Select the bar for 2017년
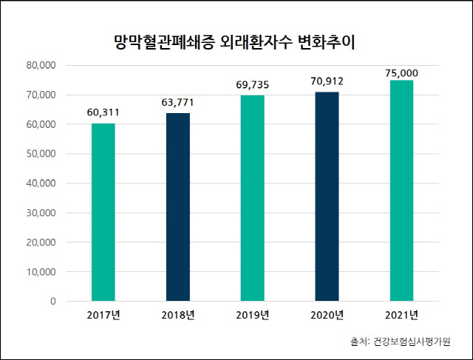(x=103, y=213)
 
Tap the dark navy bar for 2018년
(x=177, y=207)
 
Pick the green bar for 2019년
(x=252, y=198)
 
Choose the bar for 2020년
(x=327, y=197)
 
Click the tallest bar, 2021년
(x=401, y=191)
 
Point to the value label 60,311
(x=103, y=113)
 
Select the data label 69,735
(x=252, y=85)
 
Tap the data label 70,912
(x=327, y=81)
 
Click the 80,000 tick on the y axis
(x=41, y=65)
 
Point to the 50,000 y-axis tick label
(x=41, y=154)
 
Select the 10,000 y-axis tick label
(x=41, y=271)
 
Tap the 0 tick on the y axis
(x=53, y=301)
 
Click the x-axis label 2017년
(x=103, y=316)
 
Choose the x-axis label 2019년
(x=252, y=316)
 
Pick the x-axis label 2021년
(x=401, y=316)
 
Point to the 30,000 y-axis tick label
(x=41, y=213)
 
